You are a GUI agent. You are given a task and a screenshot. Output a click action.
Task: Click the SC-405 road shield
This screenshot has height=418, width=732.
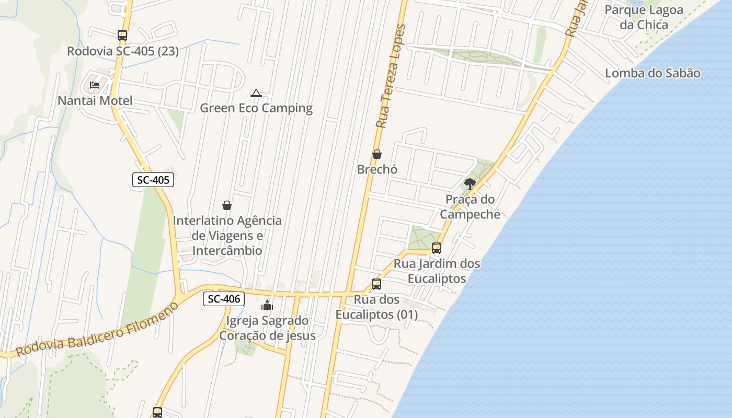pos(153,180)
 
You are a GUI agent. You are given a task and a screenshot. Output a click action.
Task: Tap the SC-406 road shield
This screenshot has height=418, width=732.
pos(224,299)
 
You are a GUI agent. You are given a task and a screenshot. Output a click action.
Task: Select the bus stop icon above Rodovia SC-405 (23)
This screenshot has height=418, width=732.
pos(122,36)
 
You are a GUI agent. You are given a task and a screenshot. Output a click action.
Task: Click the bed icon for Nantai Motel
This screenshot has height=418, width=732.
pos(95,85)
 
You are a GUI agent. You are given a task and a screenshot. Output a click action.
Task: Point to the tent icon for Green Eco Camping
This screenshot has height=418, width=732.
pos(256,94)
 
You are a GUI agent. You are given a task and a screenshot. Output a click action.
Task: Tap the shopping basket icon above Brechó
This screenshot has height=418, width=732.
pos(376,154)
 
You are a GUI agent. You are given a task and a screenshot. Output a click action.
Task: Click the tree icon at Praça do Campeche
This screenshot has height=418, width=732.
pos(470,183)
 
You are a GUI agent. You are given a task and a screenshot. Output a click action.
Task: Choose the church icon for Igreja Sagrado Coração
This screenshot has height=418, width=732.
pos(267,305)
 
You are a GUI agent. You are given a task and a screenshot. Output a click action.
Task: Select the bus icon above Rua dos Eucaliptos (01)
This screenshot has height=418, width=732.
pos(376,284)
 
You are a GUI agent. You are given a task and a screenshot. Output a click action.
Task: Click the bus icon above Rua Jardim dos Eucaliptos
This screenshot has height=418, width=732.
pos(437,248)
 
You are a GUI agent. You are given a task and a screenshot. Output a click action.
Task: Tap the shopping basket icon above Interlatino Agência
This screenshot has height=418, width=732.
pos(227,205)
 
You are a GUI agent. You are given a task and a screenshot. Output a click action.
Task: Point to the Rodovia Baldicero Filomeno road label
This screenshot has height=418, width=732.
pos(97,329)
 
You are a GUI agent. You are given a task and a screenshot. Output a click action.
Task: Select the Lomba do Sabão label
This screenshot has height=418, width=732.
pos(653,73)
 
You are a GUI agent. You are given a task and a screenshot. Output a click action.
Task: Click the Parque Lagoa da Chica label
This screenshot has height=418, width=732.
pos(644,17)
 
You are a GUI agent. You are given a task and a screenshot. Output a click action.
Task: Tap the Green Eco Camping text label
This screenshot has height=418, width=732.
pos(256,108)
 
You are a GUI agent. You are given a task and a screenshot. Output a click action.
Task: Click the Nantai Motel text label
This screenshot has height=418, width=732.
pos(95,100)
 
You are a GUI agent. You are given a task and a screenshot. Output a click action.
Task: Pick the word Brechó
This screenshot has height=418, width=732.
pos(378,169)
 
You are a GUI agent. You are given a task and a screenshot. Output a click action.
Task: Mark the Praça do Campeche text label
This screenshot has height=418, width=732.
pos(470,206)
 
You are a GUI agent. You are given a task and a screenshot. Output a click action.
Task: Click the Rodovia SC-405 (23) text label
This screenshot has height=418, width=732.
pos(123,51)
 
